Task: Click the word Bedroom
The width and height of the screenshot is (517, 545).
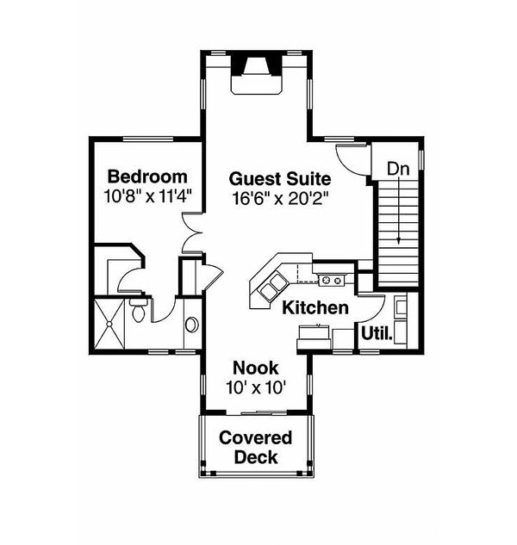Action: (x=146, y=177)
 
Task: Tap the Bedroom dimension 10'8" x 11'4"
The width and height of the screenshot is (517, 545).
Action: (x=147, y=195)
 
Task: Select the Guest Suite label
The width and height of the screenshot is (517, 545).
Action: (x=280, y=179)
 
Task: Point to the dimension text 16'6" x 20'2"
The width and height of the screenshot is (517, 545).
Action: (x=280, y=197)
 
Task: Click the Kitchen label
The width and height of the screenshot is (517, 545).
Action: (x=316, y=307)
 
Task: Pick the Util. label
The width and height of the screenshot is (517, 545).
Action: (x=377, y=332)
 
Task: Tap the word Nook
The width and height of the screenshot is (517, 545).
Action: (x=255, y=368)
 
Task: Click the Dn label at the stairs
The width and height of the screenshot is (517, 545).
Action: (x=397, y=169)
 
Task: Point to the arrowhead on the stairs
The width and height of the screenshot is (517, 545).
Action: (x=399, y=240)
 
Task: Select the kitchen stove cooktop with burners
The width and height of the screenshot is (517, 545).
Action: (x=332, y=279)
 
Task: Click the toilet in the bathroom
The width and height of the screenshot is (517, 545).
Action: (x=137, y=312)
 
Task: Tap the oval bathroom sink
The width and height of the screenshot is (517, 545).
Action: (x=191, y=326)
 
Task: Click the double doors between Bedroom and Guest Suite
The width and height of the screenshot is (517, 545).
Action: (x=192, y=232)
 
